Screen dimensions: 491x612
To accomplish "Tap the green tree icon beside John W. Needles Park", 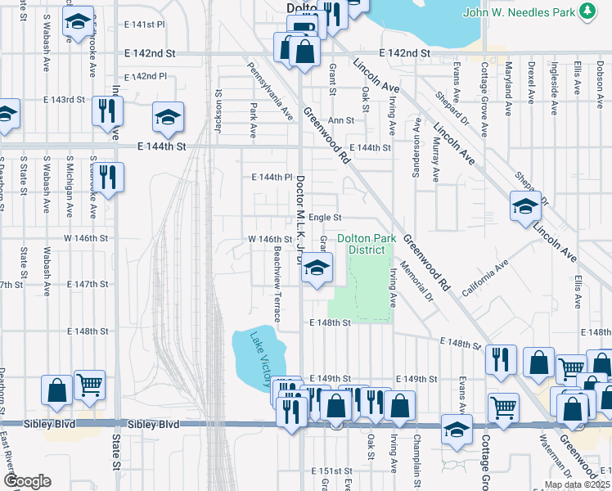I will (x=587, y=11).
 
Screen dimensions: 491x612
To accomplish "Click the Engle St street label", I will (x=325, y=218).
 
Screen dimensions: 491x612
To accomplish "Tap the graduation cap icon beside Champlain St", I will (x=457, y=428).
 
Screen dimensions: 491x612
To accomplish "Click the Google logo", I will (x=26, y=481).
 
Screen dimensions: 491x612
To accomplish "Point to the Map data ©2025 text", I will (x=577, y=484).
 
